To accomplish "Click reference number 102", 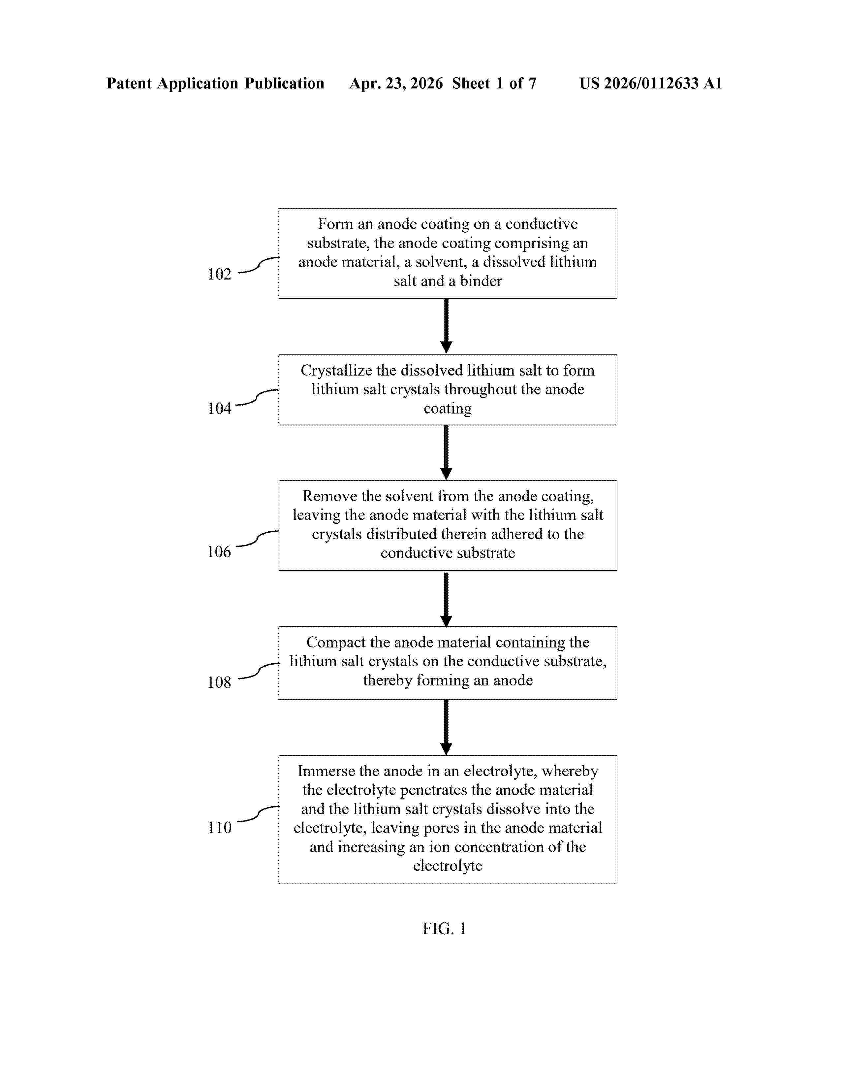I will (x=219, y=274).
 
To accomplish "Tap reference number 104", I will (x=219, y=409).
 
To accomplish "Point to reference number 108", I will (x=219, y=682).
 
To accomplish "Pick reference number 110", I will (x=219, y=828).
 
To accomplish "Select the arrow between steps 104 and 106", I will (x=447, y=452).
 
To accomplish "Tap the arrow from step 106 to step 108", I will (x=447, y=599).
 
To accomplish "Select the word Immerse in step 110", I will (x=326, y=772).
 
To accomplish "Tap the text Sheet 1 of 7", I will (x=494, y=83).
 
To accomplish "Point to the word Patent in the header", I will (x=129, y=83).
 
